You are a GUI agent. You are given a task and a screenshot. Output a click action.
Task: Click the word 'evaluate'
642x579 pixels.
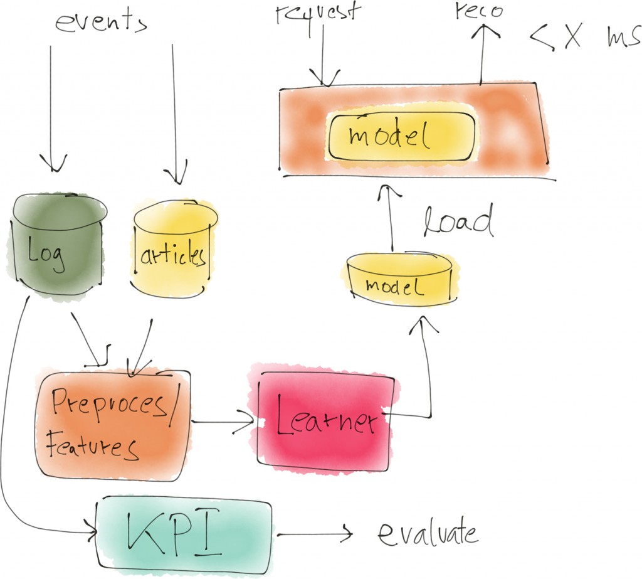pos(428,534)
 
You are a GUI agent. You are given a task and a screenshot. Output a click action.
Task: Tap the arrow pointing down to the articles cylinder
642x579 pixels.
pos(175,113)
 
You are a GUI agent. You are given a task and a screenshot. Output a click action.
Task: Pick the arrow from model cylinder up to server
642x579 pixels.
pos(390,216)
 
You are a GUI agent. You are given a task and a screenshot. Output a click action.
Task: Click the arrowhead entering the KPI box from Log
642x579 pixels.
pos(92,533)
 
